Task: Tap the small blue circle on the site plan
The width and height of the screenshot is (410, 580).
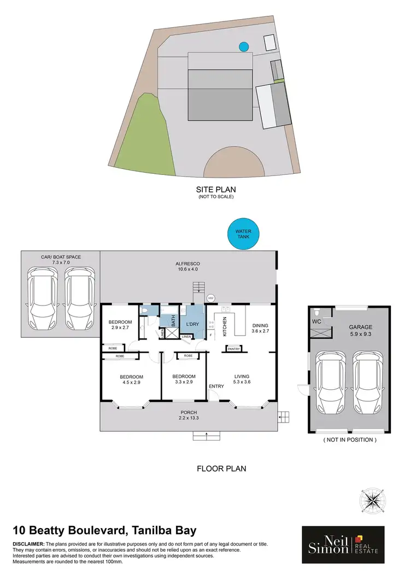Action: (243, 47)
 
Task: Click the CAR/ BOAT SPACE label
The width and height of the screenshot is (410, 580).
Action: (60, 256)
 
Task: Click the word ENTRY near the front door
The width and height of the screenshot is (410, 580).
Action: (216, 386)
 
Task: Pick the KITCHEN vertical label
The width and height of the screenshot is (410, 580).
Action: (224, 325)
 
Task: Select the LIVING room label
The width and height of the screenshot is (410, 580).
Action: (242, 376)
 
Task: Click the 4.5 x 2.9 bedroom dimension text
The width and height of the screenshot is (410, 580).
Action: (132, 384)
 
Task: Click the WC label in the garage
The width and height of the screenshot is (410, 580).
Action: (317, 322)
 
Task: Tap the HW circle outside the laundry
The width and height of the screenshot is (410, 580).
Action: (211, 298)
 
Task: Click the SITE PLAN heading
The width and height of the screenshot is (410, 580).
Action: (215, 190)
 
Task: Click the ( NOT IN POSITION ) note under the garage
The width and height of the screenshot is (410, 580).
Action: (350, 440)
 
